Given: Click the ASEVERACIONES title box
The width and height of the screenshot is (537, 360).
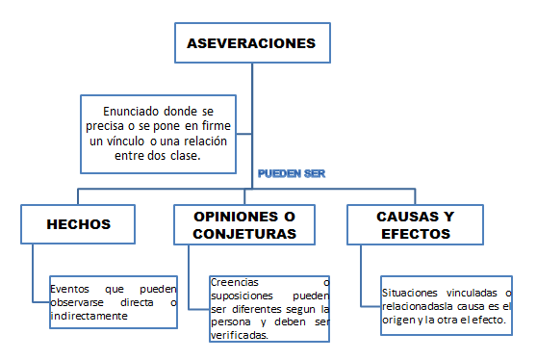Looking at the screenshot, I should click(x=251, y=44).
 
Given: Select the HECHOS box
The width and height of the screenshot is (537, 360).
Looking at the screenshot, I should click(x=78, y=224).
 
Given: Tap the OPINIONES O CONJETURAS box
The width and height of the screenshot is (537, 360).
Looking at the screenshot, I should click(x=249, y=224).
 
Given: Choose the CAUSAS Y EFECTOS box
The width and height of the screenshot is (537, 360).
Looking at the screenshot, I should click(x=415, y=224).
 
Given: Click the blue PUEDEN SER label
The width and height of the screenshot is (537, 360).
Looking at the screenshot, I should click(x=292, y=174).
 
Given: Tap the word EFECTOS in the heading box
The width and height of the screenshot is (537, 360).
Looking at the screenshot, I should click(x=415, y=233).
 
